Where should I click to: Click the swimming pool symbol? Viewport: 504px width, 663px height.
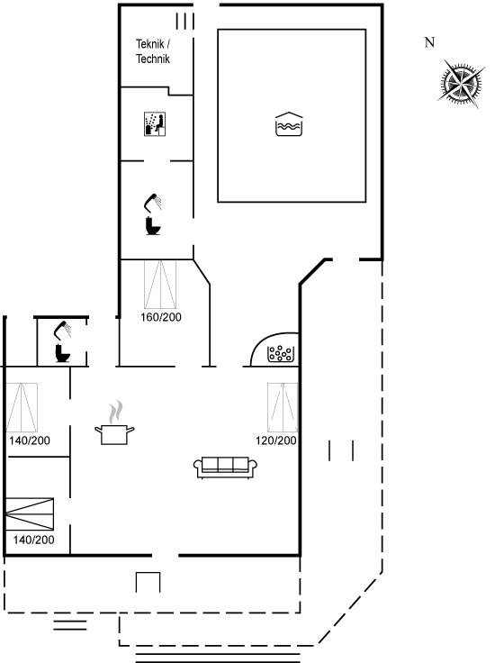289,124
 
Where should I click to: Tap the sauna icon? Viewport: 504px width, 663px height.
155,124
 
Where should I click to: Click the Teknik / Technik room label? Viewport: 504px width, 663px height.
153,51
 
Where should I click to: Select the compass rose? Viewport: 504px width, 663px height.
461,84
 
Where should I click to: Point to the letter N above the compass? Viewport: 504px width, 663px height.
429,42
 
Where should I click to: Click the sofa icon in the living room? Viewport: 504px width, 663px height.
225,468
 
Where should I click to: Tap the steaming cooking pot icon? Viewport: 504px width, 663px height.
114,423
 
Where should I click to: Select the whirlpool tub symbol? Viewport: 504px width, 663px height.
280,354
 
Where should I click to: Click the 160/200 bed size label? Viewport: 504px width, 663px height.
161,317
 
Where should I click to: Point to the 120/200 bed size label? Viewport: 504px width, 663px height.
276,440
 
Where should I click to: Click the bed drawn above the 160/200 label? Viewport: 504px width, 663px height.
160,285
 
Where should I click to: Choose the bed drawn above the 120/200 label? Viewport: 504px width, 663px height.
283,407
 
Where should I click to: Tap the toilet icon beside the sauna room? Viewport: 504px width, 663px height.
152,225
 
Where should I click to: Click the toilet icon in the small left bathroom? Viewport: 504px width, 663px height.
62,353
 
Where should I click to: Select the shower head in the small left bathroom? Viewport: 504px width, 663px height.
62,330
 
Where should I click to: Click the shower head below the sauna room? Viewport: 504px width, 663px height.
153,202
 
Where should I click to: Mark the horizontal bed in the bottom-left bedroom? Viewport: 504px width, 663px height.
30,513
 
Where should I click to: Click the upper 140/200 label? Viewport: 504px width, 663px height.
30,440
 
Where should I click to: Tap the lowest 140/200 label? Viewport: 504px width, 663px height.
34,540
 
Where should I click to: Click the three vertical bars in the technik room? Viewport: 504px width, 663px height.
185,21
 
